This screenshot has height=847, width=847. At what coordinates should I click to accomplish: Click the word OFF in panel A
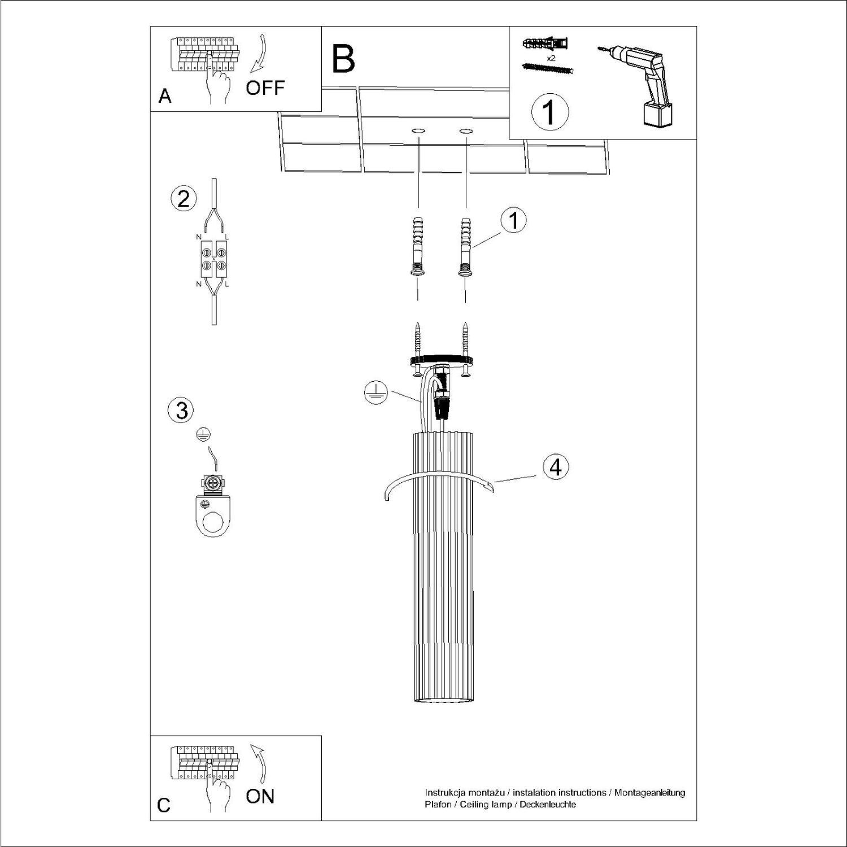click(x=265, y=88)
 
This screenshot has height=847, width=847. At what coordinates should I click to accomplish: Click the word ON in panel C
click(x=260, y=796)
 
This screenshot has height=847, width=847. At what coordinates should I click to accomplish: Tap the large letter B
click(x=343, y=60)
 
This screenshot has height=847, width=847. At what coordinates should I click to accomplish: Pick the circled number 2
click(x=184, y=199)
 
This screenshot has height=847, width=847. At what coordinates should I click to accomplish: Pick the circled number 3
click(x=181, y=410)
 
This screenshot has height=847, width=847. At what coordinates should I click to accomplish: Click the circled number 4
click(x=556, y=468)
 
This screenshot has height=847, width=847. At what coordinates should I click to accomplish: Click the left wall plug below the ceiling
click(x=418, y=246)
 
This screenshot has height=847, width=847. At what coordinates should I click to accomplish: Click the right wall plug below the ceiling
click(x=466, y=246)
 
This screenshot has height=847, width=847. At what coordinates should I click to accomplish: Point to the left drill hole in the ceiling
click(x=418, y=132)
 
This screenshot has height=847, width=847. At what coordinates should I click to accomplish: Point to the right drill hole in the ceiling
click(x=466, y=132)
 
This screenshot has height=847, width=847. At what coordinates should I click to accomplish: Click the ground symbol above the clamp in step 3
click(x=202, y=434)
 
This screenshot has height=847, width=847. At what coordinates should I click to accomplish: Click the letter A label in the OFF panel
click(x=165, y=96)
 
